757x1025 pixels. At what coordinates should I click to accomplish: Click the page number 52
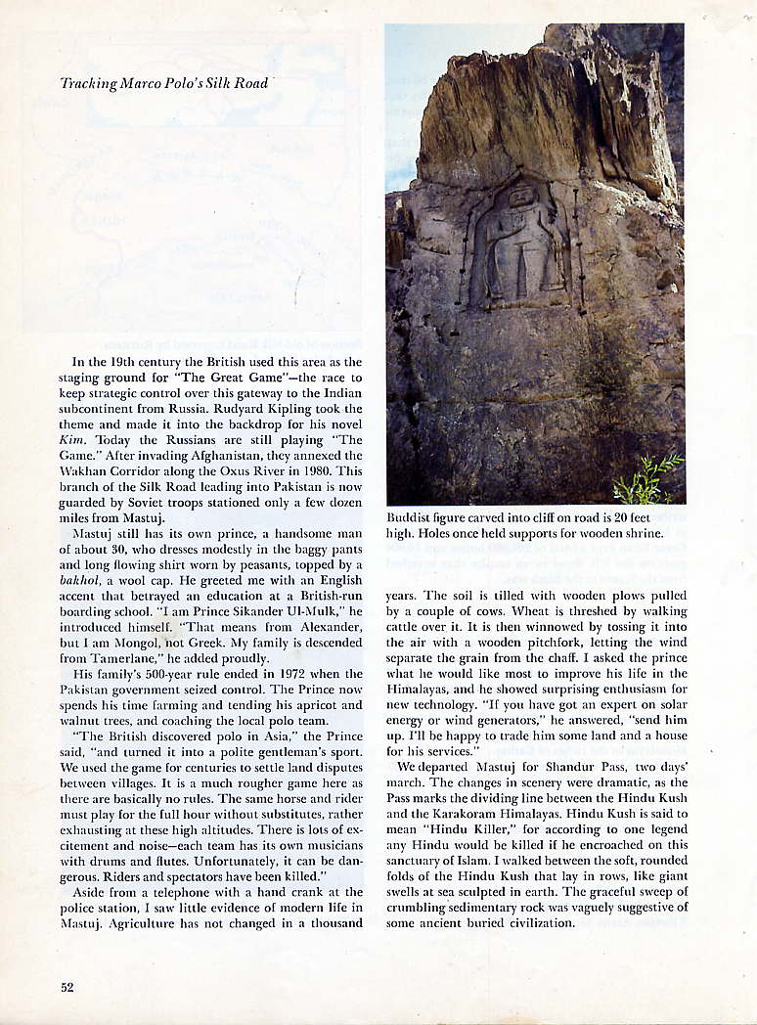[67, 987]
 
